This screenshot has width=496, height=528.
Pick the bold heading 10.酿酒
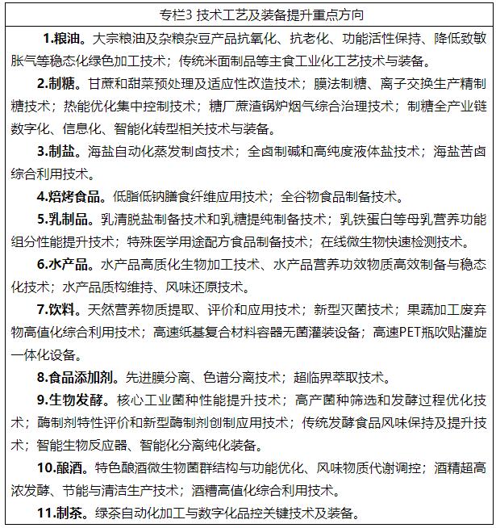65,467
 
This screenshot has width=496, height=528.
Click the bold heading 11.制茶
65,513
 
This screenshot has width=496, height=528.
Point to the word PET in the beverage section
404,332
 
